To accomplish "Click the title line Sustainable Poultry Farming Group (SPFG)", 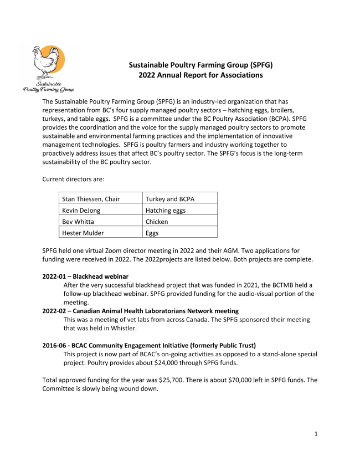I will (200, 65).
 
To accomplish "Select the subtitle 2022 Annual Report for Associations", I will (200, 75).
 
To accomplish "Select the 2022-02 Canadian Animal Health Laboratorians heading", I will (141, 311).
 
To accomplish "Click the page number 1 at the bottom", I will (316, 433).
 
